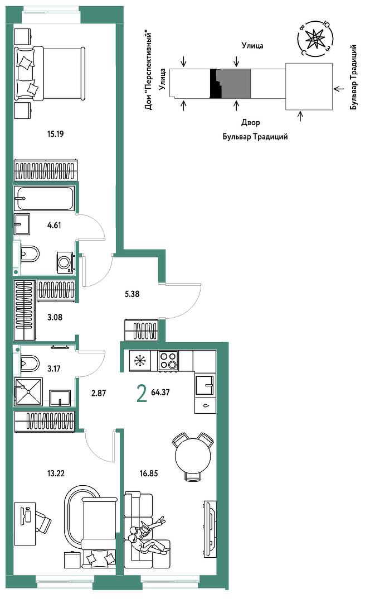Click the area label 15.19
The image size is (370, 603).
click(x=55, y=134)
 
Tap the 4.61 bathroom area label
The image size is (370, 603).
click(x=54, y=226)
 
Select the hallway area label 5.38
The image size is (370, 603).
click(x=132, y=294)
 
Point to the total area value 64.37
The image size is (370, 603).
click(x=160, y=393)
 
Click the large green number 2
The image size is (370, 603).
click(x=142, y=394)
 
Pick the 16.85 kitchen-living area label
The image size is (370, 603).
click(x=149, y=473)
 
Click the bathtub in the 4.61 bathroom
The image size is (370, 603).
click(x=44, y=198)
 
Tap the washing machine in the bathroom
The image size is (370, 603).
click(x=65, y=262)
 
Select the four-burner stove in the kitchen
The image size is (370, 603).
click(x=168, y=361)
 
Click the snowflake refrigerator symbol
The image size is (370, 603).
click(x=140, y=361)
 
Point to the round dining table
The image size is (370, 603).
click(x=193, y=457)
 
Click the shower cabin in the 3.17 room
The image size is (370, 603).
click(x=28, y=391)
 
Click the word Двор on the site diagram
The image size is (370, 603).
click(x=251, y=123)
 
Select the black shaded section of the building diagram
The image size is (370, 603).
click(x=215, y=83)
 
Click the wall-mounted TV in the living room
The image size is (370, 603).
click(x=210, y=529)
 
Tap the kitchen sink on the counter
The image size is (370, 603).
click(x=204, y=385)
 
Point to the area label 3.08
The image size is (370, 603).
click(x=55, y=318)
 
